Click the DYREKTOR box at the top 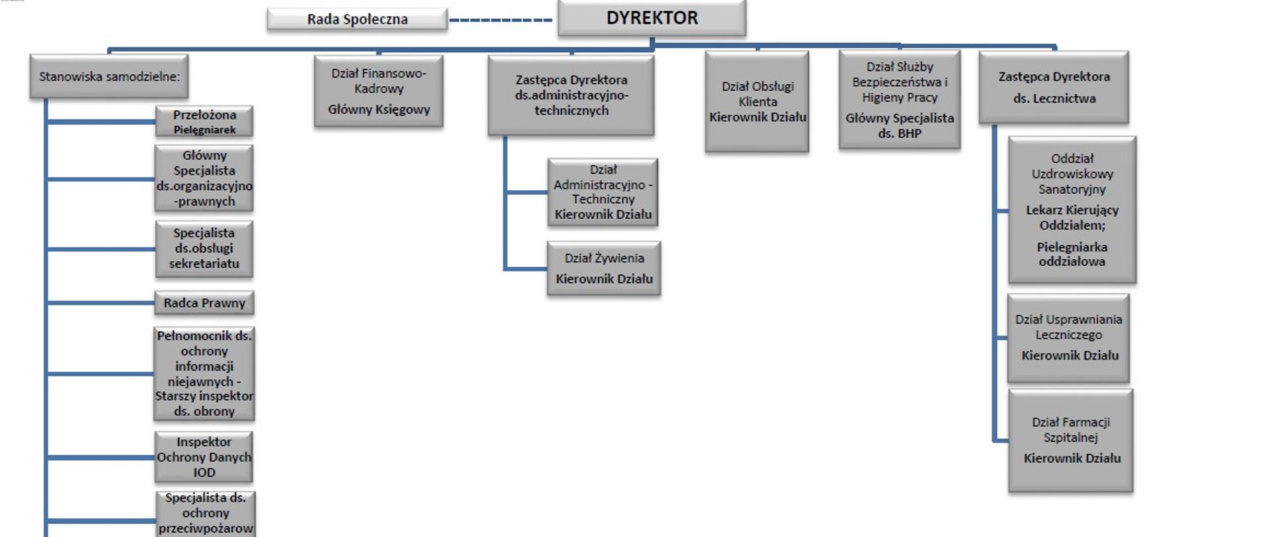pyautogui.click(x=652, y=18)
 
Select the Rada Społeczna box pyautogui.click(x=357, y=19)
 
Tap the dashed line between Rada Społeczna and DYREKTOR pyautogui.click(x=501, y=20)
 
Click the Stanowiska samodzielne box pyautogui.click(x=109, y=77)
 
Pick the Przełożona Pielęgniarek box pyautogui.click(x=204, y=122)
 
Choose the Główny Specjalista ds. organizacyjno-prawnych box pyautogui.click(x=204, y=178)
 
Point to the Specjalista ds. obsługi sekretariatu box pyautogui.click(x=204, y=249)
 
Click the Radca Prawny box pyautogui.click(x=204, y=303)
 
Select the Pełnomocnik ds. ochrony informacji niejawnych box pyautogui.click(x=204, y=374)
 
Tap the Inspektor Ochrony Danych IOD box pyautogui.click(x=204, y=457)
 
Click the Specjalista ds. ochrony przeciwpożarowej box pyautogui.click(x=206, y=514)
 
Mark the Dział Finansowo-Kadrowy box pyautogui.click(x=378, y=91)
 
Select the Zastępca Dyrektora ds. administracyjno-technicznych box pyautogui.click(x=571, y=95)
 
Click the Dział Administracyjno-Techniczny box pyautogui.click(x=603, y=192)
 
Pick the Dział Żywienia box pyautogui.click(x=604, y=268)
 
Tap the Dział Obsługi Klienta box pyautogui.click(x=757, y=101)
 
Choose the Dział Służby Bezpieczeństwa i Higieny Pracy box pyautogui.click(x=900, y=99)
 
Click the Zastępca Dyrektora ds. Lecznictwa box pyautogui.click(x=1054, y=88)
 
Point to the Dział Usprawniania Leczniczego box pyautogui.click(x=1068, y=338)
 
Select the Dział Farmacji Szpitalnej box pyautogui.click(x=1071, y=440)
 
